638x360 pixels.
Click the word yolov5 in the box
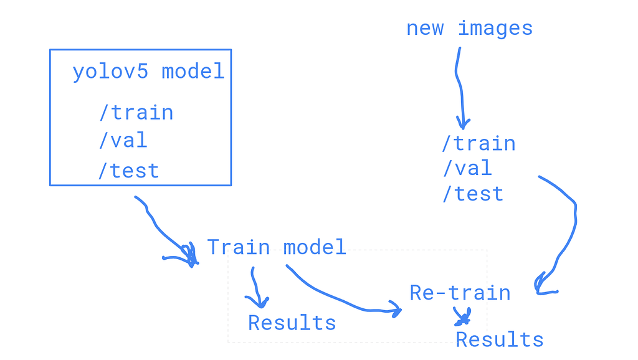point(110,72)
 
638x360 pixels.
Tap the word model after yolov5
point(193,72)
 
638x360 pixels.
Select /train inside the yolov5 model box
point(136,113)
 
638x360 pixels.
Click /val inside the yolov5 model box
point(123,140)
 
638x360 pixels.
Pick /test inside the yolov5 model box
point(128,171)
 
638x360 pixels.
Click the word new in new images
point(425,29)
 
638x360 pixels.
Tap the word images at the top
point(495,29)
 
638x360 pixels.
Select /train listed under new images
point(478,144)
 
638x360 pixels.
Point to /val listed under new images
point(467,168)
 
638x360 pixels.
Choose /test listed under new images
point(472,194)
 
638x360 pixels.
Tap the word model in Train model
point(315,247)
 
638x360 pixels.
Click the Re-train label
point(460,293)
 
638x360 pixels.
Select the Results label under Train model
point(292,323)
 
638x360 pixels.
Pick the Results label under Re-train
point(500,339)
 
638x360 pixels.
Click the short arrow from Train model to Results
point(254,287)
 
